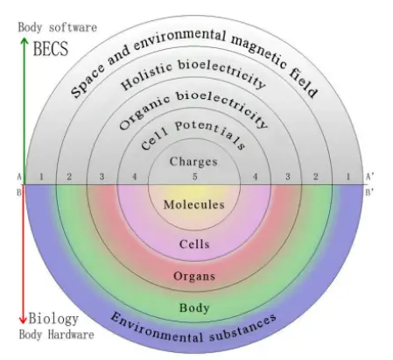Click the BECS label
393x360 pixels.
coord(51,48)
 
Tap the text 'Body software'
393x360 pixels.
coord(58,27)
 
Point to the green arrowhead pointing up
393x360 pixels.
coord(25,42)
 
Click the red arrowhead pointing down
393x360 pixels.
coord(23,320)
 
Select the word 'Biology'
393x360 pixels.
coord(53,319)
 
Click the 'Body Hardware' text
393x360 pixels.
coord(57,335)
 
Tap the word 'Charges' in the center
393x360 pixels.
coord(193,161)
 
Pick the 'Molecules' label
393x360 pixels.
coord(194,204)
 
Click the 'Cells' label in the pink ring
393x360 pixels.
coord(194,244)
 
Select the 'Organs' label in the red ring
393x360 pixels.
coord(194,276)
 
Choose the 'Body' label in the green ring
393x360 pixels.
coord(194,307)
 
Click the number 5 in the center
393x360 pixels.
coord(195,176)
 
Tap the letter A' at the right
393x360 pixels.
coord(370,177)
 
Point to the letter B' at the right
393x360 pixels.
coord(369,193)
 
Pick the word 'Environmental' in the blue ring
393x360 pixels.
coord(156,328)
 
